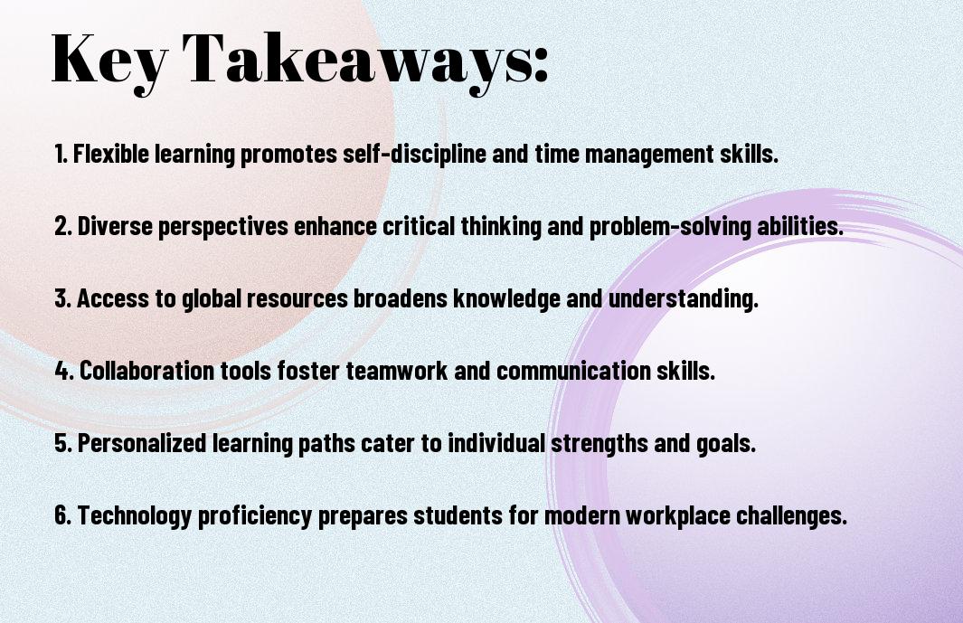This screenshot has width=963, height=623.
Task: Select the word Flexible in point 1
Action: pyautogui.click(x=111, y=154)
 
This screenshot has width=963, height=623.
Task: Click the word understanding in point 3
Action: pyautogui.click(x=684, y=299)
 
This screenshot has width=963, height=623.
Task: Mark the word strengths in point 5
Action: pyautogui.click(x=600, y=444)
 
